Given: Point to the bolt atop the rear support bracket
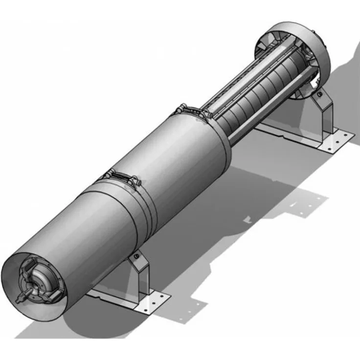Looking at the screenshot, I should [x=318, y=93].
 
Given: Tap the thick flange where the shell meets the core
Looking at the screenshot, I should [x=223, y=142].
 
